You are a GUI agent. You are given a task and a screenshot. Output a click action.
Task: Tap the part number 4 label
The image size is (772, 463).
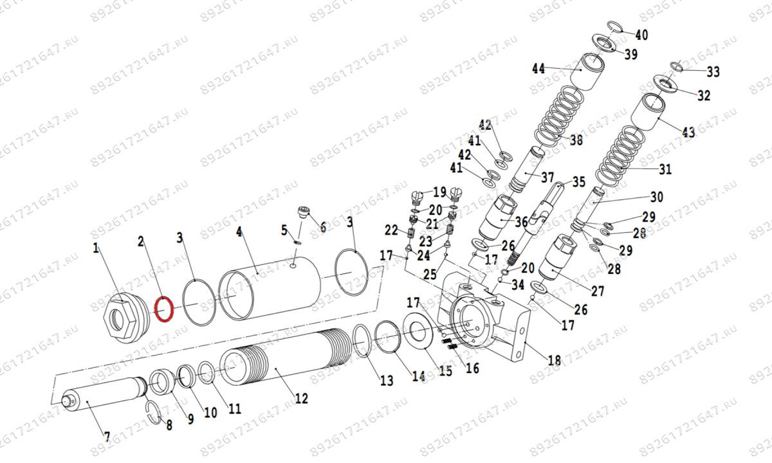239,232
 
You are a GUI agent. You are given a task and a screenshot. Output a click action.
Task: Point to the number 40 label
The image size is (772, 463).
641,35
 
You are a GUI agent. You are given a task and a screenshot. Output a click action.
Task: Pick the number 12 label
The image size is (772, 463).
301,398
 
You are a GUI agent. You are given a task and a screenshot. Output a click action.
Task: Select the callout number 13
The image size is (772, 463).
386,381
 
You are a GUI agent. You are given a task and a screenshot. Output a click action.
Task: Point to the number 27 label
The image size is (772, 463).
598,291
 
